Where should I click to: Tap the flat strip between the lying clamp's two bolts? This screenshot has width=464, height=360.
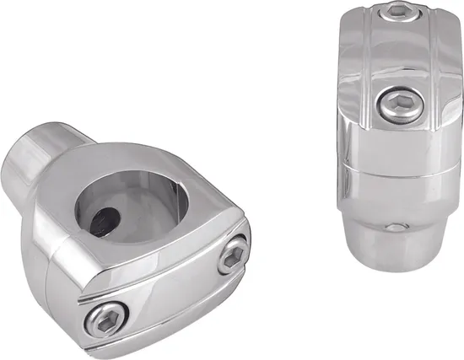(165, 287)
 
